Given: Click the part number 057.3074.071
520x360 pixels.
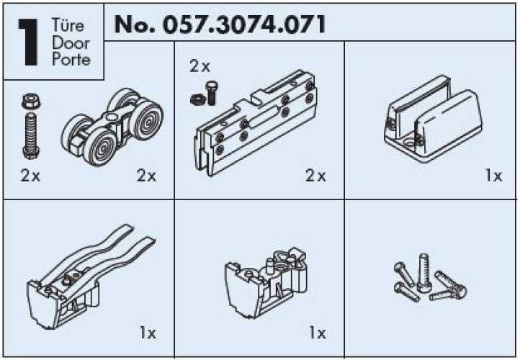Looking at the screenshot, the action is (x=244, y=25).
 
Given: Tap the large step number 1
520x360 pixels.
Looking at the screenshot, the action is (x=29, y=42).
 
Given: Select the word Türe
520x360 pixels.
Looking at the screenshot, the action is (x=68, y=25).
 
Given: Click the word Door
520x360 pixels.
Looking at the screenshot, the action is (x=71, y=43).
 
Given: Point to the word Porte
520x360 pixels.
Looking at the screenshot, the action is (x=71, y=59).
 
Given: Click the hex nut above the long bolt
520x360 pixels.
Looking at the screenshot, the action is (x=31, y=102).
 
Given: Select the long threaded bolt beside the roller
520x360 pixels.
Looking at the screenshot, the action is (x=31, y=135).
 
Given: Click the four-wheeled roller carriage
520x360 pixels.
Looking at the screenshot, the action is (x=112, y=127).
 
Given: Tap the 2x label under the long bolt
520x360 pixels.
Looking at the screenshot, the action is (x=30, y=176).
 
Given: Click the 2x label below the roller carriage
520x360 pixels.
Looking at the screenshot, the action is (x=146, y=176).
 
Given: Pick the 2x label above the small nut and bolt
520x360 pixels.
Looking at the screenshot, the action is (x=200, y=66).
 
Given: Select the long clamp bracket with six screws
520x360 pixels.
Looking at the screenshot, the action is (x=256, y=122).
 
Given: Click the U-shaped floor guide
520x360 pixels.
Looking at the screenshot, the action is (x=434, y=119).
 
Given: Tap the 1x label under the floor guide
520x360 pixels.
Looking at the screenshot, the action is (x=494, y=176).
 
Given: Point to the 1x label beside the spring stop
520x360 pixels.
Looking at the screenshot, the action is (x=148, y=333).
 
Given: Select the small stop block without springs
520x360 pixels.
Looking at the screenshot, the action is (x=266, y=282).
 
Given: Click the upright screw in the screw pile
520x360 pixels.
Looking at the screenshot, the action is (x=423, y=273).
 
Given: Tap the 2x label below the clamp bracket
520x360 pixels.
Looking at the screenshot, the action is (x=315, y=176).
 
